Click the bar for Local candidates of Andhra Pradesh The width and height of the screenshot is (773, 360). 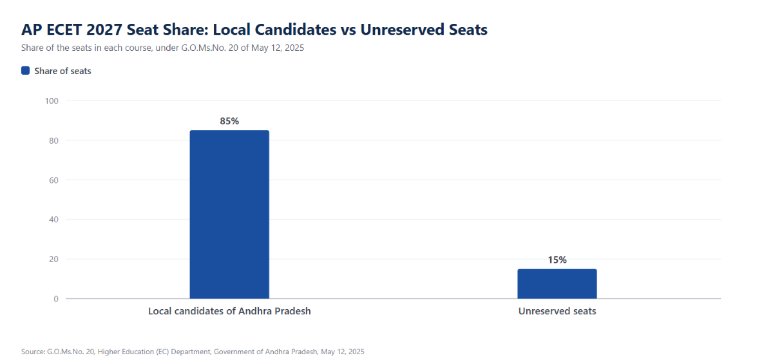(229, 214)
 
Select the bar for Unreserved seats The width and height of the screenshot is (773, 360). (557, 284)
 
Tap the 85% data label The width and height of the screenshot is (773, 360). (229, 121)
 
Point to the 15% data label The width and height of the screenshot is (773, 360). (557, 260)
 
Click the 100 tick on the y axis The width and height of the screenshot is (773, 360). (52, 100)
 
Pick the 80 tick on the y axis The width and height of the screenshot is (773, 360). (54, 140)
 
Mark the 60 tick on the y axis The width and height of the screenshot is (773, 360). (54, 180)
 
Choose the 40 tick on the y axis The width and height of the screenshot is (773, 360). (54, 220)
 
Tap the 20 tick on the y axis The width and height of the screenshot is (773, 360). (54, 260)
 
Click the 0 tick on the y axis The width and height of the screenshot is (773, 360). (56, 299)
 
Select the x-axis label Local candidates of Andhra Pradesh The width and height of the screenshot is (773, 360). (229, 311)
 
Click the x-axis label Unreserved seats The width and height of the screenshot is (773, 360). (557, 311)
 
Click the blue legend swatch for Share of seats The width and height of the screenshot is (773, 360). (26, 71)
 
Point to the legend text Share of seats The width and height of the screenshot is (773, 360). (63, 71)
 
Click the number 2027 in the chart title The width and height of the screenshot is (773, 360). (104, 30)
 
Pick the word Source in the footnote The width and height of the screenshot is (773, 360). (33, 352)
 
